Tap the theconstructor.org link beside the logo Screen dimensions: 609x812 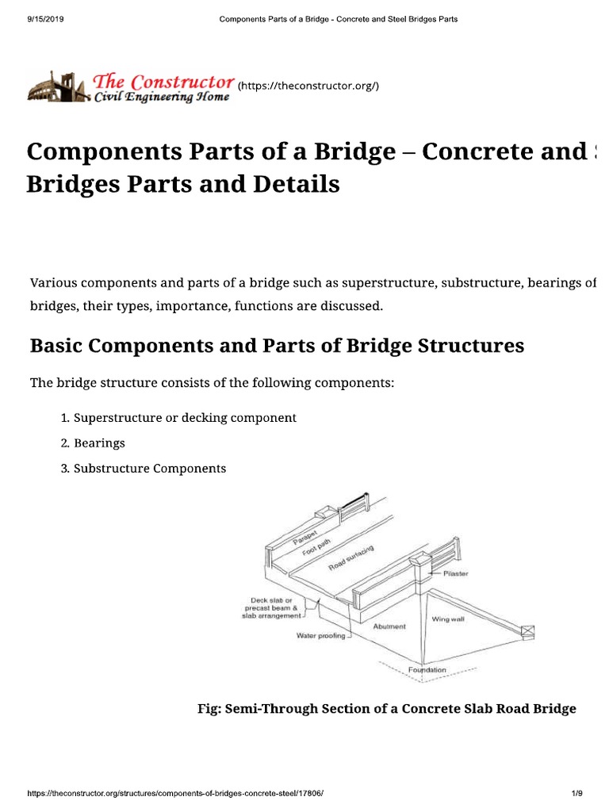tap(303, 85)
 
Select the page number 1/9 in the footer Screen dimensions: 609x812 tap(576, 794)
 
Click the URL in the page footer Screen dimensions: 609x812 tap(175, 794)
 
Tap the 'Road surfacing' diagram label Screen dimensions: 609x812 tap(350, 559)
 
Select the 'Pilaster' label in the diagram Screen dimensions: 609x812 tap(455, 574)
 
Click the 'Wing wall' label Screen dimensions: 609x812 tap(447, 619)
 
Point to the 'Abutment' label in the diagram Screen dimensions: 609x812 tap(389, 626)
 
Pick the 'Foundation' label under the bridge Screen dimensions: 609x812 tap(427, 670)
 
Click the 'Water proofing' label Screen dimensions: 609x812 tap(320, 635)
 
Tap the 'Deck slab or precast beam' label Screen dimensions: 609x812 tap(271, 607)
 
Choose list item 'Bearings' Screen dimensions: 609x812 tap(99, 442)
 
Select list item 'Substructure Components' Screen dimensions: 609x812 tap(149, 468)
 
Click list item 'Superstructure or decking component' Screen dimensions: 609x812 tap(185, 417)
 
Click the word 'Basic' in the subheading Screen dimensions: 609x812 tap(58, 347)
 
